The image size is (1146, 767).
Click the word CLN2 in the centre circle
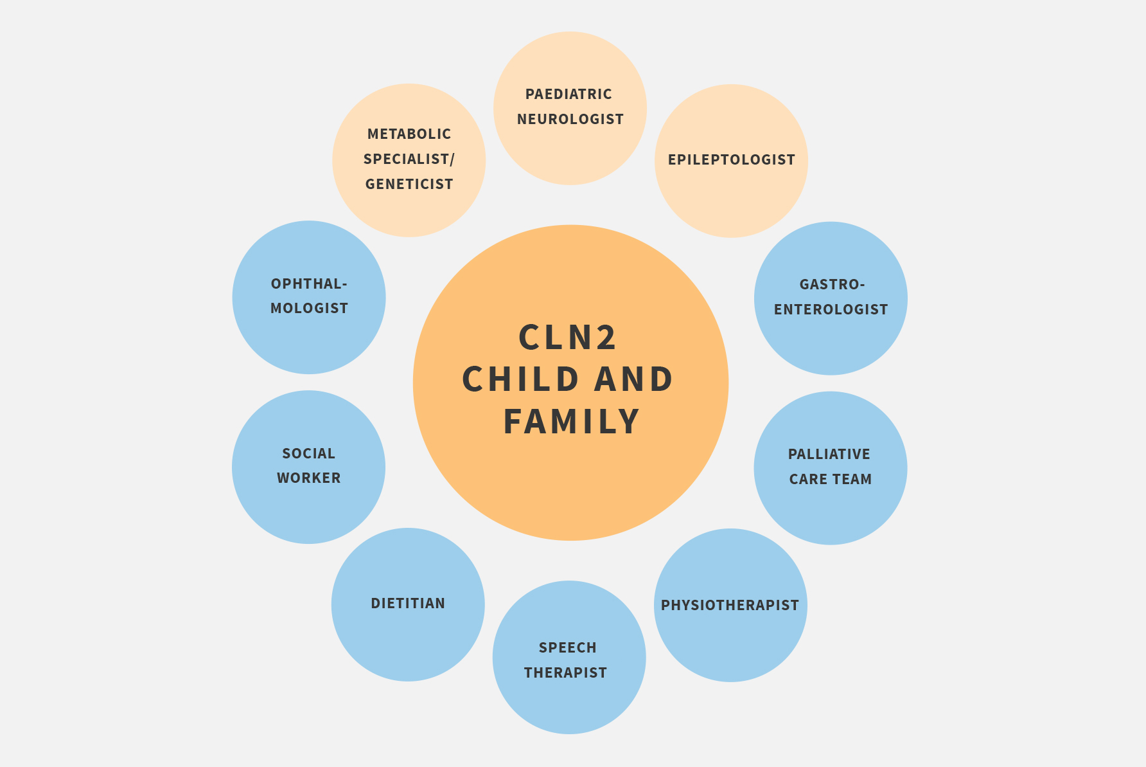click(567, 338)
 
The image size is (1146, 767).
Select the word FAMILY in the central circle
click(571, 422)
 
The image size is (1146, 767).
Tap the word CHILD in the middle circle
click(521, 379)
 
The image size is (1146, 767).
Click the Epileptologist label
click(732, 159)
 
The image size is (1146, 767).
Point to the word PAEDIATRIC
click(569, 95)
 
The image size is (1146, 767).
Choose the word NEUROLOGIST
click(570, 120)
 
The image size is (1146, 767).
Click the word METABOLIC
click(409, 134)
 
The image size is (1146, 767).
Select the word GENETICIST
click(409, 185)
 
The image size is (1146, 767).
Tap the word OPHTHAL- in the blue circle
click(309, 284)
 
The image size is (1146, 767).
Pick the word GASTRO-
click(832, 285)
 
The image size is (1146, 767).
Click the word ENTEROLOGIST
click(831, 310)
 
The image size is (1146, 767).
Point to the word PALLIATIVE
click(829, 455)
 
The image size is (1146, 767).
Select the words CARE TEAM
click(831, 480)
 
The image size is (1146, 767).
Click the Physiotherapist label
click(730, 606)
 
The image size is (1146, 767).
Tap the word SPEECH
click(568, 648)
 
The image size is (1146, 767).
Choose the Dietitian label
click(408, 604)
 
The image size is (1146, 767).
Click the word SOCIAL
click(309, 454)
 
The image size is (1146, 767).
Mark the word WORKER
click(309, 478)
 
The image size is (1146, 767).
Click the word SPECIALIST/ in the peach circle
click(409, 159)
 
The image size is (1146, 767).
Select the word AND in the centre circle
click(634, 379)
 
